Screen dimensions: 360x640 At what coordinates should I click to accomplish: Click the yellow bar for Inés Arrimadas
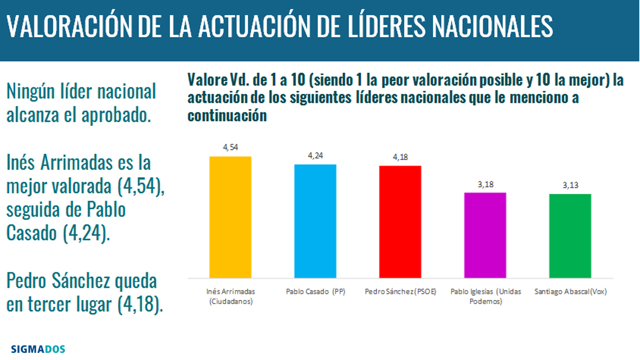coord(230,217)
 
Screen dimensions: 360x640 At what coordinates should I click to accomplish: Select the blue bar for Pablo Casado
coord(315,221)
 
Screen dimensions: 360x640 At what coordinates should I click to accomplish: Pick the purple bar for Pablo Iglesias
coord(485,235)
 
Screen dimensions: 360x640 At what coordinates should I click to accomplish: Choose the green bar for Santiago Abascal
coord(570,236)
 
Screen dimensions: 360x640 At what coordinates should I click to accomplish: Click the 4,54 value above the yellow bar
coord(230,148)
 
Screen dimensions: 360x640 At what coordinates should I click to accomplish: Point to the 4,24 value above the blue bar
coord(315,156)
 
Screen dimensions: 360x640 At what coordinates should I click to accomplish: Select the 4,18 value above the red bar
coord(400,157)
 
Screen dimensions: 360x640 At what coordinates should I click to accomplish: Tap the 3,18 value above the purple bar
coord(485,184)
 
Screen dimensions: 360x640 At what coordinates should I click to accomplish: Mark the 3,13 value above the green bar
coord(570,185)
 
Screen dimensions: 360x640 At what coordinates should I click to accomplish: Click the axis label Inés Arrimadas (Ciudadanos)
coord(230,297)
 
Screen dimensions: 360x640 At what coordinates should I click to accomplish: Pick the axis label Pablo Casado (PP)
coord(315,292)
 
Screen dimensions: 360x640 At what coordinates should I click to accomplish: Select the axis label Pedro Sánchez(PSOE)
coord(400,292)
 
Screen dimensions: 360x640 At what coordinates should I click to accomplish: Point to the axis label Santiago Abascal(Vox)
coord(571,292)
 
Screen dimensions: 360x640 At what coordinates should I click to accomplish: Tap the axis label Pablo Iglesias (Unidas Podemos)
coord(486,297)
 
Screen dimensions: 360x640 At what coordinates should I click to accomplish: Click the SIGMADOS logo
coord(38,349)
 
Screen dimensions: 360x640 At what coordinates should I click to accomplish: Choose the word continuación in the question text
coord(227,116)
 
